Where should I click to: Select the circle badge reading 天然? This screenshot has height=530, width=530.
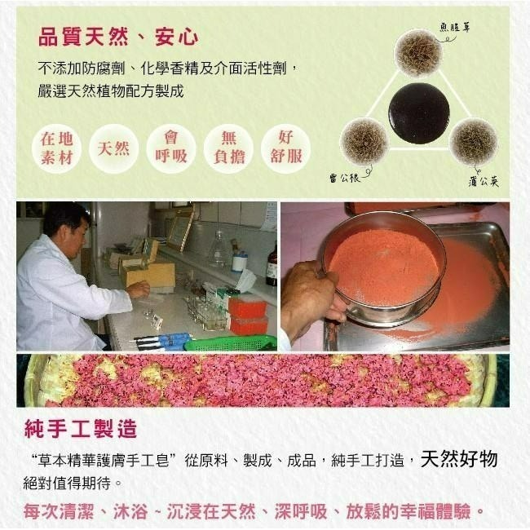click(113, 148)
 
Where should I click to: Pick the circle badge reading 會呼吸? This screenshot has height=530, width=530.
click(171, 148)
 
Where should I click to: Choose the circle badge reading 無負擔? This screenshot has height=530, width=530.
click(229, 148)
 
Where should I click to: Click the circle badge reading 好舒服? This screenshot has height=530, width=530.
click(286, 148)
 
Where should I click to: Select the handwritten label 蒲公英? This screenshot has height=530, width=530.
click(484, 181)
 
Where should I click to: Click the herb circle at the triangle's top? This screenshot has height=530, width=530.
click(418, 52)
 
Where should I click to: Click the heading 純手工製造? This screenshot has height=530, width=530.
click(81, 427)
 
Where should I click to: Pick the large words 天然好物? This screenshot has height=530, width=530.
click(459, 459)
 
